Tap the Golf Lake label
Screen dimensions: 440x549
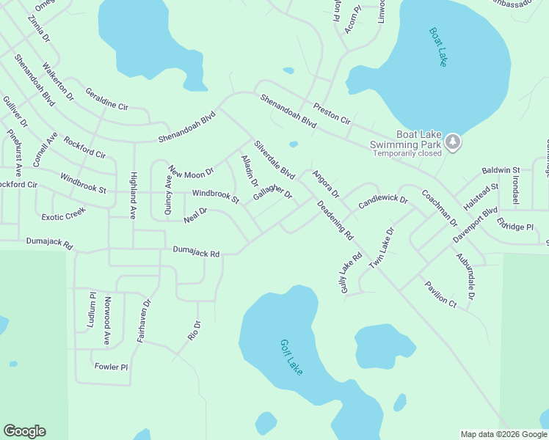coord(291,357)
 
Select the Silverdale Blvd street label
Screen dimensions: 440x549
coord(274,161)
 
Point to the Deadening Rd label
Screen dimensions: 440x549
coord(335,221)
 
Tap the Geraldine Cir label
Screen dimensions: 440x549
coord(106,100)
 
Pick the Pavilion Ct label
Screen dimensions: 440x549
coord(440,293)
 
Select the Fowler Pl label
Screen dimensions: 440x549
coord(111,366)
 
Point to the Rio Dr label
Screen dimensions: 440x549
coord(194,331)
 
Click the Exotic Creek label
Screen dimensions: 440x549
coord(63,214)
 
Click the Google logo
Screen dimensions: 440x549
coord(24,431)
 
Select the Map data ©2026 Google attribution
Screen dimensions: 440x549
coord(503,434)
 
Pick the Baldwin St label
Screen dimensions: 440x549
coord(501,170)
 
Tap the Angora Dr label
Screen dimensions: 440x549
coord(325,184)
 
